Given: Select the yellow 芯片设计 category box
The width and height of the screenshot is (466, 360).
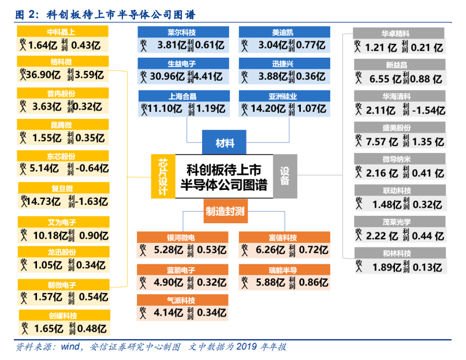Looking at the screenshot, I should point(163,177).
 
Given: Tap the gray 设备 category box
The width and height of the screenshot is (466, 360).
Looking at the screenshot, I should point(285,176).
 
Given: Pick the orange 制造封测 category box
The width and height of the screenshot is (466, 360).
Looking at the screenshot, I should point(225,212).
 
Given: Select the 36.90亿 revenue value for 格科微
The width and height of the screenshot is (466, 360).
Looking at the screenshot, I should point(40,74).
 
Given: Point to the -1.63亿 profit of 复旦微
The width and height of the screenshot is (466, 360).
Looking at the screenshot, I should point(92,201).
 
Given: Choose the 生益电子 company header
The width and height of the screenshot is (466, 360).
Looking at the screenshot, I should point(181,63).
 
